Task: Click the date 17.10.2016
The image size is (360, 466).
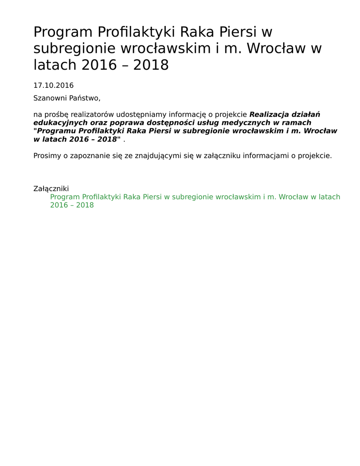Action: click(53, 86)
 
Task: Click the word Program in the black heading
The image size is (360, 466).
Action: click(63, 32)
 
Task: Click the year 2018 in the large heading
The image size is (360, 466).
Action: click(151, 65)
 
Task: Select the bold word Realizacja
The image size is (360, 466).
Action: click(269, 114)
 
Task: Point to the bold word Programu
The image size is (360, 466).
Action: click(56, 131)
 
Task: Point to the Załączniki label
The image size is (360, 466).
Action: click(51, 188)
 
